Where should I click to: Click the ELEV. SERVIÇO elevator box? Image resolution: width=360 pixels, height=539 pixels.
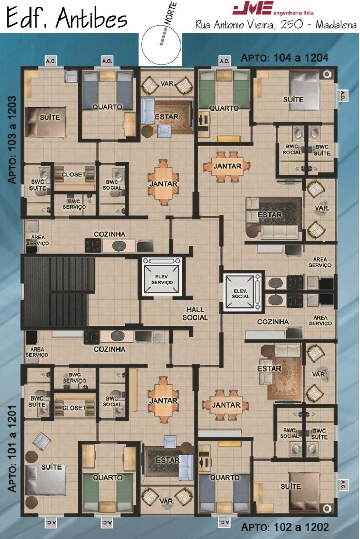[x=162, y=277]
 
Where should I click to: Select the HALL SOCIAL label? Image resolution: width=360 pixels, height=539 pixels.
[x=195, y=314]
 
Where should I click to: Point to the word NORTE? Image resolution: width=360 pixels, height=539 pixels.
[x=171, y=13]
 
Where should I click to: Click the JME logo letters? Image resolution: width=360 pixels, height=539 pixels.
[x=253, y=8]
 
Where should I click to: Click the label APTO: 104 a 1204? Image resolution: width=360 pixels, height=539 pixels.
[x=284, y=57]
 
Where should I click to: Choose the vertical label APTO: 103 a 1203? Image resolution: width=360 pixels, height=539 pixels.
[x=13, y=139]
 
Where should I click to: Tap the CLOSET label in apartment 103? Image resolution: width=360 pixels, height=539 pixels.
[x=73, y=175]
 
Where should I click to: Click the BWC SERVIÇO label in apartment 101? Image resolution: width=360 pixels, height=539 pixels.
[x=75, y=378]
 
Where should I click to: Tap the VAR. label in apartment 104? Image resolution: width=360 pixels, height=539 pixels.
[x=322, y=208]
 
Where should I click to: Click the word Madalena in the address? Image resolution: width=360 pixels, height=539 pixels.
[x=336, y=25]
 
